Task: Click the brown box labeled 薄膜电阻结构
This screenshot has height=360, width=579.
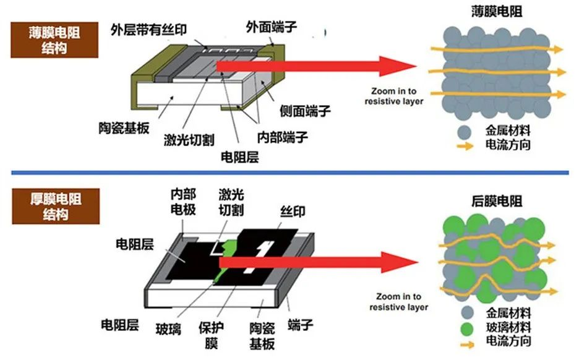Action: (55, 40)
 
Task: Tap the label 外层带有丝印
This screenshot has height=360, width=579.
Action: (148, 28)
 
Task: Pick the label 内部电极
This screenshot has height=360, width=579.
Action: (183, 202)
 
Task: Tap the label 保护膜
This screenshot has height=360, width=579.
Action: (210, 335)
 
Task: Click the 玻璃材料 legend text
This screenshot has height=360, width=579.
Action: (509, 327)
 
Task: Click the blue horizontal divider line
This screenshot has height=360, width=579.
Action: (289, 172)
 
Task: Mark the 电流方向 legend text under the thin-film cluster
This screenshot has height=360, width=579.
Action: (509, 146)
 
